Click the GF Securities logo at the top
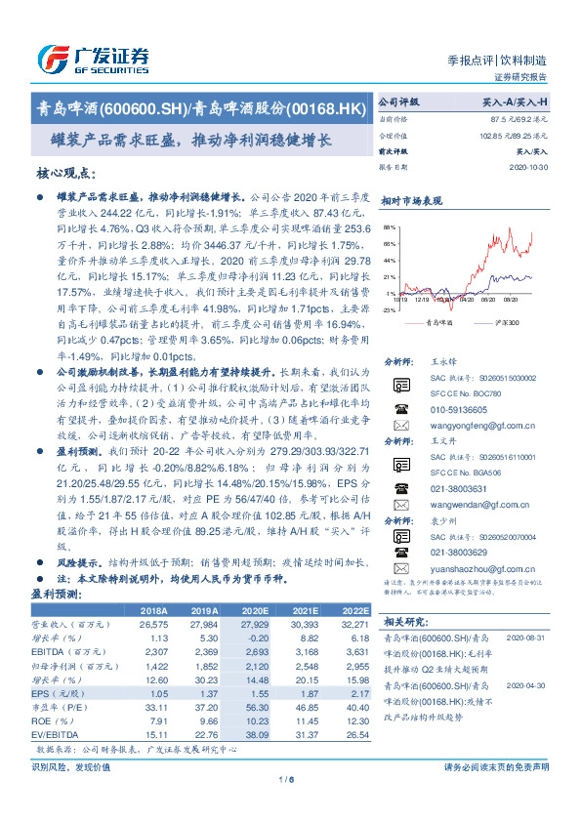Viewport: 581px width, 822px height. [93, 58]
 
